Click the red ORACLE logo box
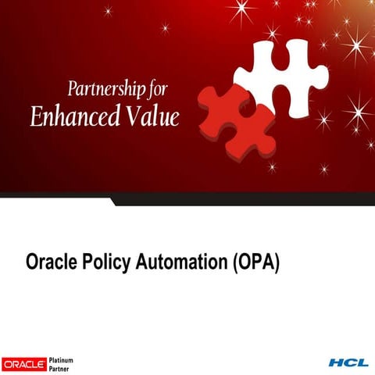[x=24, y=363]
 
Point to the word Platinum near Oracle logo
[x=62, y=359]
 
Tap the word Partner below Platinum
[x=60, y=368]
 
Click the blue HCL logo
[x=348, y=363]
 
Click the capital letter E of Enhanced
[x=36, y=116]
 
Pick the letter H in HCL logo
[x=336, y=363]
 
